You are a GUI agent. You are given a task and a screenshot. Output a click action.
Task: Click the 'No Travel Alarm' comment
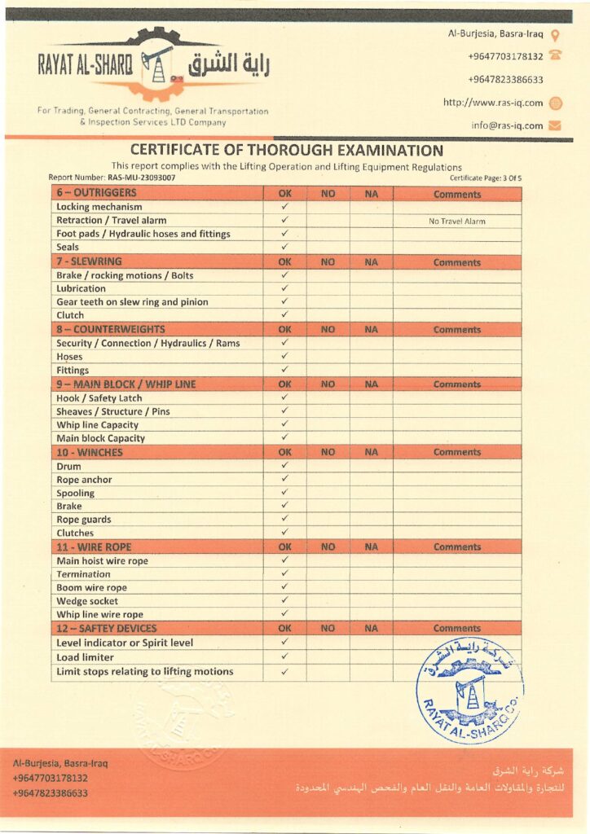(456, 221)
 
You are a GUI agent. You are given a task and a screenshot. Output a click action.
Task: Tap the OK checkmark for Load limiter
(285, 656)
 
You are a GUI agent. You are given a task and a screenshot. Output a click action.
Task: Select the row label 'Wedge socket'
(87, 601)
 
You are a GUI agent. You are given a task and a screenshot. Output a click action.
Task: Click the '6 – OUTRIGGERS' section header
(96, 194)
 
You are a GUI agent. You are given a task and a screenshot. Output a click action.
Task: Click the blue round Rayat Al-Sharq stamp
(470, 691)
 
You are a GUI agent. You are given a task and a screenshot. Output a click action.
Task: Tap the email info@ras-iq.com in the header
(507, 125)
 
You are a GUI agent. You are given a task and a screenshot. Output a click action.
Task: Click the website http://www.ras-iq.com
(493, 103)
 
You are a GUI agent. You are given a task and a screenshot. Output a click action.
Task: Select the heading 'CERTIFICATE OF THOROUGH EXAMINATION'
(287, 151)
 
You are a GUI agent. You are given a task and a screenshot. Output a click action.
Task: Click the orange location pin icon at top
(555, 34)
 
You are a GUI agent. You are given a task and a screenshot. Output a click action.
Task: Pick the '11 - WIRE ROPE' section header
(95, 547)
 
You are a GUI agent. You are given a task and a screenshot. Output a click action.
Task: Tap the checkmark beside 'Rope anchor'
(285, 479)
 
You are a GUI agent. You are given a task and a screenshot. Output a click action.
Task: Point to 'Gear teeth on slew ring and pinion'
(132, 301)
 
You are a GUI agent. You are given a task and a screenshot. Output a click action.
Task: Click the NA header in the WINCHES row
(372, 452)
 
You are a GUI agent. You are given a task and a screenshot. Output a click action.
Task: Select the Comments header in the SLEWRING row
(457, 262)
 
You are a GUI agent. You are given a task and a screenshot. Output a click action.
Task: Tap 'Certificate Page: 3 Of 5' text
(485, 177)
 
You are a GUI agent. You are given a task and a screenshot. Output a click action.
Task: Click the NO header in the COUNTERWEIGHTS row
(328, 330)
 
